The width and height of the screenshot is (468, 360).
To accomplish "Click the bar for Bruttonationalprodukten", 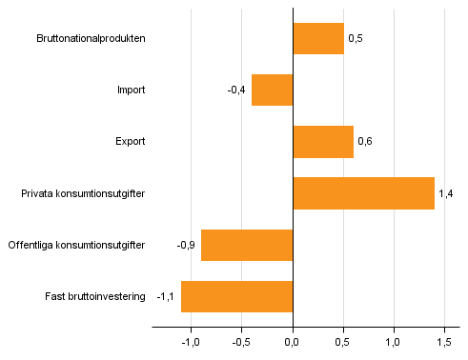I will pos(318,39).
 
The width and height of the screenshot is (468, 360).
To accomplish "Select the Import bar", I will pos(272,90).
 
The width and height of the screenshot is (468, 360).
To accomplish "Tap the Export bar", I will pos(323,142).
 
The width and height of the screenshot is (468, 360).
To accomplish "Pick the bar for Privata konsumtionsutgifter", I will pos(363,193).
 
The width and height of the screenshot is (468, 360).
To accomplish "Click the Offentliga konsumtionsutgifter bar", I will pos(247,245).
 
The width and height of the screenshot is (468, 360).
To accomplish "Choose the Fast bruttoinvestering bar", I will pos(236,296).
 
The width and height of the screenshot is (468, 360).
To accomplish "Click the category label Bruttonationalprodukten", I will pos(91,39).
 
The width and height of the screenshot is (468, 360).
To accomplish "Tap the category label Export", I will pos(130,142).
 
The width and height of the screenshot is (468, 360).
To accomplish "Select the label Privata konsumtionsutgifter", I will pos(84,193).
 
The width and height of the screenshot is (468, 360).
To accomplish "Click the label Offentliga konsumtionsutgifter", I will pos(76,245).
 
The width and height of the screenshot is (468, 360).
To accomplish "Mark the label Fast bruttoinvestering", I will pos(94,296).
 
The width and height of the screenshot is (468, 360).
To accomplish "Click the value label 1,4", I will pos(444,193).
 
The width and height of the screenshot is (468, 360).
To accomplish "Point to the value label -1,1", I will pos(166,296).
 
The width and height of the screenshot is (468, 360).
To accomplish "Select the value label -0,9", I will pos(186,245).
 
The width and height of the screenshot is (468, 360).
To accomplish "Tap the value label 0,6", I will pos(363,142).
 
